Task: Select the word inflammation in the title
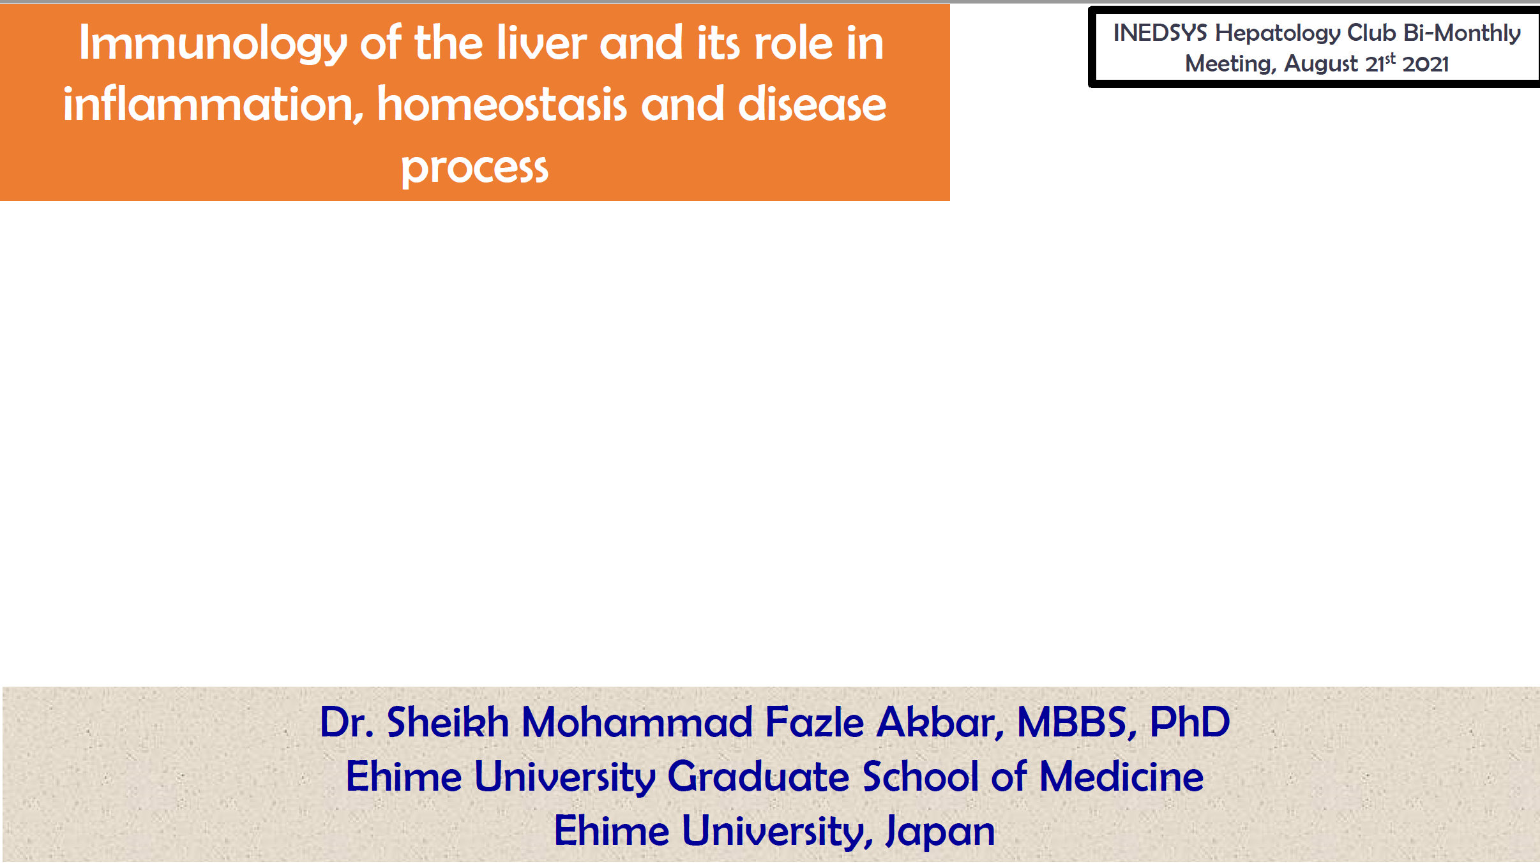(x=213, y=104)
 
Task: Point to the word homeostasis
(x=502, y=103)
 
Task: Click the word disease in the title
(x=812, y=103)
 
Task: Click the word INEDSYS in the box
(x=1160, y=33)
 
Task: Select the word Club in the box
(x=1371, y=33)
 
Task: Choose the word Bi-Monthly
(x=1462, y=33)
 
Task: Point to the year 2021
(x=1426, y=64)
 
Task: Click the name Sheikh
(x=448, y=722)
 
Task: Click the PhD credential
(x=1189, y=722)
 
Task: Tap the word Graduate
(x=759, y=776)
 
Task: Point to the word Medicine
(x=1121, y=776)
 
